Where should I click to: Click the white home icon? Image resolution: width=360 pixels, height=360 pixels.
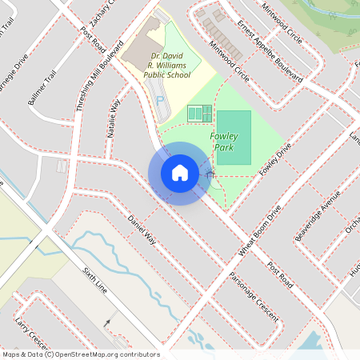[180, 173]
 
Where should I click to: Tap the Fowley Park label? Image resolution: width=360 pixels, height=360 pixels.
[224, 142]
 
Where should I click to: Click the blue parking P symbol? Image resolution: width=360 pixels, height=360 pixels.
[159, 101]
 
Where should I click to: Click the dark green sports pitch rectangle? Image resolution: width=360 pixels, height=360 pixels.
[234, 138]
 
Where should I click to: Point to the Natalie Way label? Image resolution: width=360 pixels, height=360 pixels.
[113, 119]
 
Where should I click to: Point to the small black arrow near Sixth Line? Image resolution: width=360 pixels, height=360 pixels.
[108, 322]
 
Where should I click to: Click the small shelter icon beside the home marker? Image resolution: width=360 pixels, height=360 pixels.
[210, 173]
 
